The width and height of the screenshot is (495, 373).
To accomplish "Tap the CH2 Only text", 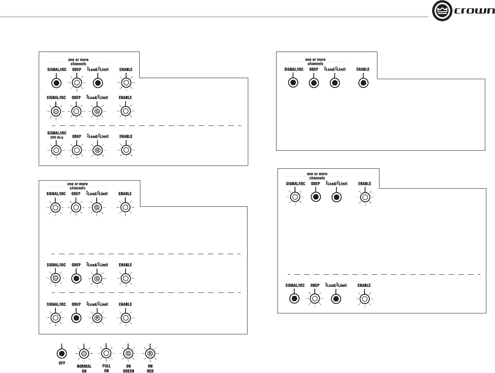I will point(57,137).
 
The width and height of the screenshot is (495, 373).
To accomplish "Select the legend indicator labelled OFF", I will point(62,353).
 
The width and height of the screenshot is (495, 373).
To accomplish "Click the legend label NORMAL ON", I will point(84,368).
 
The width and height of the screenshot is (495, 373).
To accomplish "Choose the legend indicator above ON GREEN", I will point(128,353).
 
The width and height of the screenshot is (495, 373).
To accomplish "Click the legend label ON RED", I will point(150,368).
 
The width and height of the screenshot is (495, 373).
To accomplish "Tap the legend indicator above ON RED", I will point(150,353).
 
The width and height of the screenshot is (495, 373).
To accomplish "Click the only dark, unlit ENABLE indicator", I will point(363,83).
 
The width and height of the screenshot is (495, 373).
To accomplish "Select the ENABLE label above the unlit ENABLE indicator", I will point(363,69).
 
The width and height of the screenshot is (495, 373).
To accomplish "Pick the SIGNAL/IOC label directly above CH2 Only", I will point(57,133).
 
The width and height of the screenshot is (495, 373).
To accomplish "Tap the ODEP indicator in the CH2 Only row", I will point(76,150).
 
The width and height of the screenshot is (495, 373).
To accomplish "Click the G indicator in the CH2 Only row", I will point(97,150).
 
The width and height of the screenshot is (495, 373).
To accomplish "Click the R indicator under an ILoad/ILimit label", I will point(97,318).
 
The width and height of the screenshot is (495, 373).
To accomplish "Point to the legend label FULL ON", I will point(106,368).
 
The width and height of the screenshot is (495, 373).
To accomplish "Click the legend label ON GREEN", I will point(128,368).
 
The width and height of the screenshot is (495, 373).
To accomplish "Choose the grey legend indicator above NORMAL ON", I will point(84,353).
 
